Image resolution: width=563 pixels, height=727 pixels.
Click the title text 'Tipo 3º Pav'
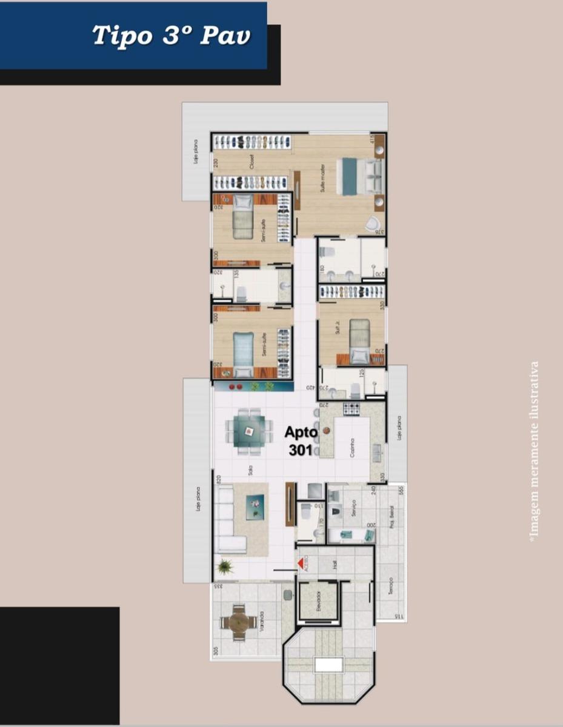point(172,36)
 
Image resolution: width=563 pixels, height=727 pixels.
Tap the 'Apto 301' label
point(301,441)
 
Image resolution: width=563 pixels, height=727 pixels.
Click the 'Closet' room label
point(250,162)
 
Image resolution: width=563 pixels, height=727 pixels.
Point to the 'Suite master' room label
point(324,176)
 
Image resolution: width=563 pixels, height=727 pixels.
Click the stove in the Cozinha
point(352,409)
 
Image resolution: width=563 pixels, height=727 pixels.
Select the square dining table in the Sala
point(249,430)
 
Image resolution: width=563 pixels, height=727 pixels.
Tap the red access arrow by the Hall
point(300,563)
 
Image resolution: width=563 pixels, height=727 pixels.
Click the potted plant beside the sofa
point(225,567)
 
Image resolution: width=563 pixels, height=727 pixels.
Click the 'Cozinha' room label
point(352,448)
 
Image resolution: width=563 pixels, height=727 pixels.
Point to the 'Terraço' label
point(391,587)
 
